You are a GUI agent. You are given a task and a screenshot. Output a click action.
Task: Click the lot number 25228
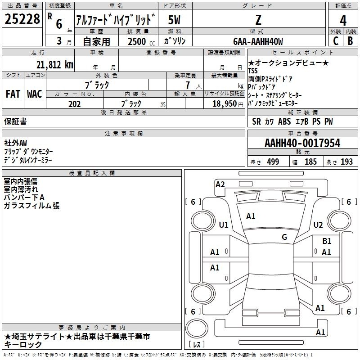22,19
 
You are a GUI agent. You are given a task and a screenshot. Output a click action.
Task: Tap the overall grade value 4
343,21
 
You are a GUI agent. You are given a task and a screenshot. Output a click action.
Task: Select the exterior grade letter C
336,41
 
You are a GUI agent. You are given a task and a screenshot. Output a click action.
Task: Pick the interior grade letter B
350,41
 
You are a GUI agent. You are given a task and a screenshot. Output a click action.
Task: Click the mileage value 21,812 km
54,65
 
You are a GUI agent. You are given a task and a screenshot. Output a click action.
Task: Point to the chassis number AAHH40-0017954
302,143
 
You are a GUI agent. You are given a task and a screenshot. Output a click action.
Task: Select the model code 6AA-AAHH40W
258,41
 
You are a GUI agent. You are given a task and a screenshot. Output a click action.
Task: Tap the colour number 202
74,104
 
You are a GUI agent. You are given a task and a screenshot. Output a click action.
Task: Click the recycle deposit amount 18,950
224,104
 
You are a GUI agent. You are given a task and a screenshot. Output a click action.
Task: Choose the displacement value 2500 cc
141,41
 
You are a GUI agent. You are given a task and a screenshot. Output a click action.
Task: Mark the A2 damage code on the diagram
220,184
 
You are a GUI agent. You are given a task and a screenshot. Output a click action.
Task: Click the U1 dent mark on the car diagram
224,225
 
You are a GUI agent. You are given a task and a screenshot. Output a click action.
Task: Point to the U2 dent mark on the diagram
318,225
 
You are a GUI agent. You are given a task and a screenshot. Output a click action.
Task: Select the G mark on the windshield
284,237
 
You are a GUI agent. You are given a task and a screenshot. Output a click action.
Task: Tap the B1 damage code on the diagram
327,241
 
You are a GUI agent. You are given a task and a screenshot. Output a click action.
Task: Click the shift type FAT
13,94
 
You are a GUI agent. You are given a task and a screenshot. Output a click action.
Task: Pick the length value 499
273,162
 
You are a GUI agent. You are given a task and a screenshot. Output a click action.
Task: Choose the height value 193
346,162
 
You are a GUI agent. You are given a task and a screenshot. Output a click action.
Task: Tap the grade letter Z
258,20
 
